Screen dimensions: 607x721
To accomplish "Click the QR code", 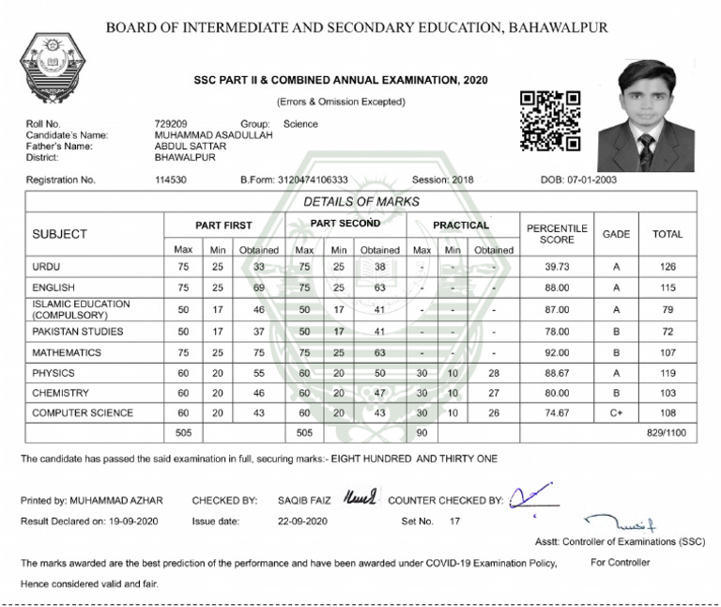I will pyautogui.click(x=550, y=121).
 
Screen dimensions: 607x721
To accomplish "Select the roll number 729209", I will pyautogui.click(x=170, y=124).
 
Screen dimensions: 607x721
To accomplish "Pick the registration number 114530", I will pyautogui.click(x=170, y=180).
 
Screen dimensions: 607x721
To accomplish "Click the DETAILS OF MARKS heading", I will pyautogui.click(x=361, y=202).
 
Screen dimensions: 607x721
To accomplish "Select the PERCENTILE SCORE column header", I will pyautogui.click(x=557, y=234).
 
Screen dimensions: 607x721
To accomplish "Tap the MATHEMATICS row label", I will pyautogui.click(x=67, y=354).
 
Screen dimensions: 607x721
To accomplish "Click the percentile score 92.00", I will pyautogui.click(x=558, y=354).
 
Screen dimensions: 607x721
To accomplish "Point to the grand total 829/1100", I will pyautogui.click(x=667, y=433).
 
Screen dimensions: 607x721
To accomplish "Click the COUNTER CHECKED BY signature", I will pyautogui.click(x=529, y=495).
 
